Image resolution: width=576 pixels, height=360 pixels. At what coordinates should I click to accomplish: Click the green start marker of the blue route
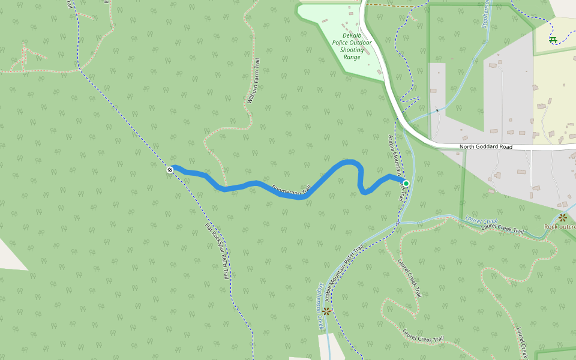pyautogui.click(x=406, y=183)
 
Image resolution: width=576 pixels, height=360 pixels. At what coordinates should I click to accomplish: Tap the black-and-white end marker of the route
pyautogui.click(x=170, y=170)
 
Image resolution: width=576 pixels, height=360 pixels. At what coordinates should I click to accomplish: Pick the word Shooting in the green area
pyautogui.click(x=352, y=50)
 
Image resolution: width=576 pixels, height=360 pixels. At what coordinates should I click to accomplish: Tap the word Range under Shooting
pyautogui.click(x=352, y=57)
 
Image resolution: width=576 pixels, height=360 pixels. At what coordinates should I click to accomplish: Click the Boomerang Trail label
pyautogui.click(x=290, y=191)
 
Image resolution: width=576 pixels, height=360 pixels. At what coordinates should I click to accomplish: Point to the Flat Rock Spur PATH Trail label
pyautogui.click(x=217, y=251)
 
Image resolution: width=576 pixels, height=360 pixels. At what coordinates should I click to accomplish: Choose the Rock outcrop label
pyautogui.click(x=560, y=226)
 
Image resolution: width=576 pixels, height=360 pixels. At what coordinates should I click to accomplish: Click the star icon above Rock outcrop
pyautogui.click(x=563, y=217)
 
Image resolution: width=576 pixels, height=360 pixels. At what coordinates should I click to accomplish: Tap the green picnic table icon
pyautogui.click(x=553, y=40)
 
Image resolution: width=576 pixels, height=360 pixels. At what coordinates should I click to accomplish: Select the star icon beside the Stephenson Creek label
pyautogui.click(x=326, y=311)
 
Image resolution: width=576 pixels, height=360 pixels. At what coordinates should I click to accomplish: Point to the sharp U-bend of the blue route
pyautogui.click(x=362, y=191)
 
